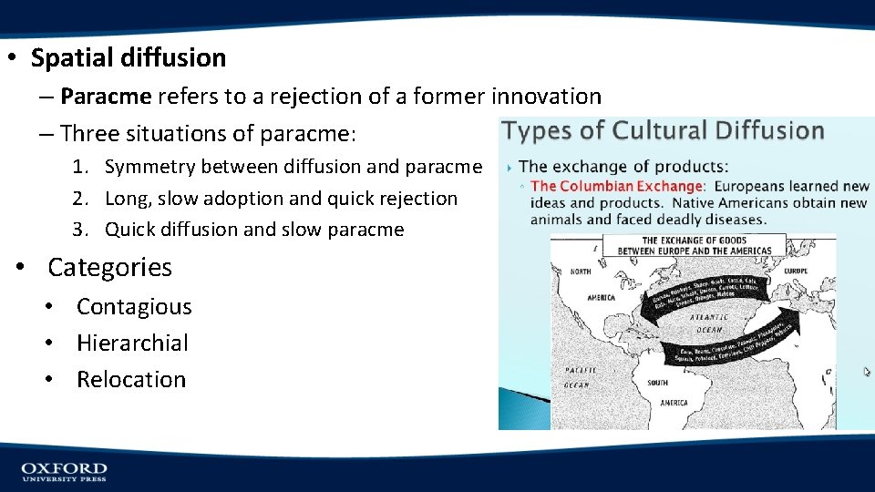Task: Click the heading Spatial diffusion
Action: (x=129, y=58)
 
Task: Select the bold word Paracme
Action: (x=106, y=96)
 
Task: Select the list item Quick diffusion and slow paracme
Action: (x=253, y=230)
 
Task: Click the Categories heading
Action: (x=109, y=267)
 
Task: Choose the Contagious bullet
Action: (x=134, y=307)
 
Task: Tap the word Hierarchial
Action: (x=132, y=343)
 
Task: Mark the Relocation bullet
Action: (x=130, y=380)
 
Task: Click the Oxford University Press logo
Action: (x=64, y=471)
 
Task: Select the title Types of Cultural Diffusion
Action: (x=664, y=131)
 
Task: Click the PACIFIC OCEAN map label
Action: (x=581, y=377)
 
